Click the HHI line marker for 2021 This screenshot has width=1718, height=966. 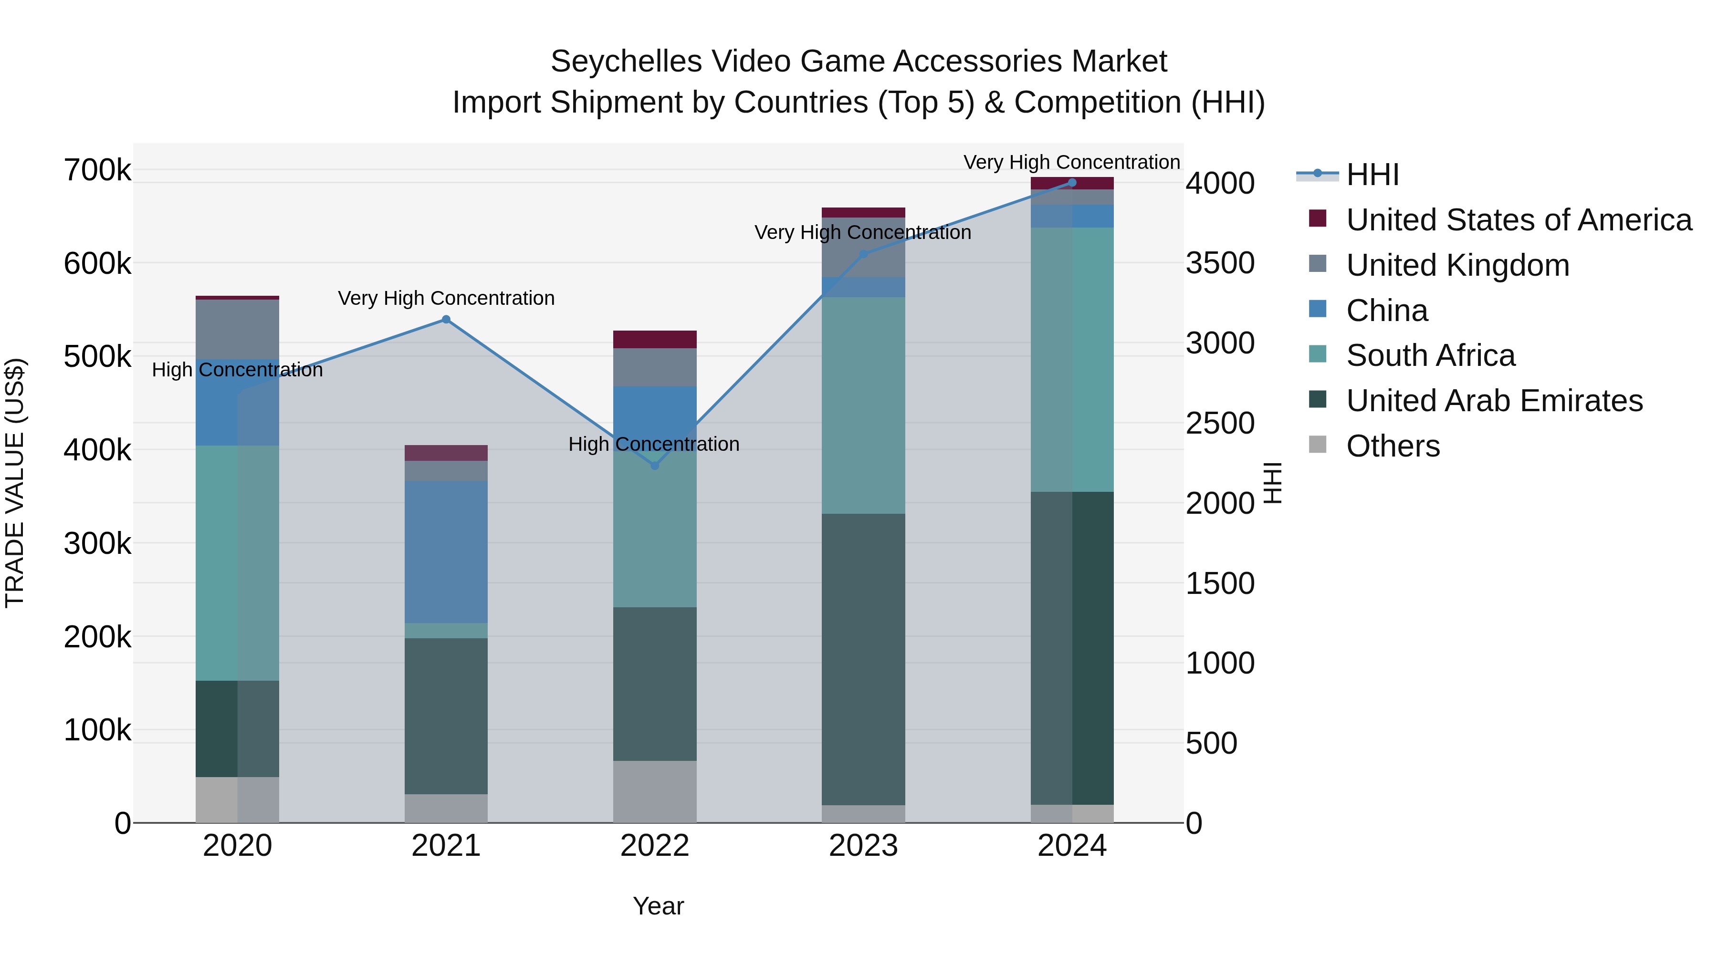[446, 319]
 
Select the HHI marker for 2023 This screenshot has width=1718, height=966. [863, 254]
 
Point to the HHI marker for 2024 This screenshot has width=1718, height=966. [1072, 183]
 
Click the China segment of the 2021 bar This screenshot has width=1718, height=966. [446, 552]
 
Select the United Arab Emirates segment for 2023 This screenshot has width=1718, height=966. [863, 659]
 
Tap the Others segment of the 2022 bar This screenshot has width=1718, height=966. [654, 791]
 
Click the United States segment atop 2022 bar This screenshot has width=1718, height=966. [654, 339]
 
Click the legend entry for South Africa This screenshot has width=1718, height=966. [1430, 355]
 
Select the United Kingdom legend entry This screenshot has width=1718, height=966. [1457, 265]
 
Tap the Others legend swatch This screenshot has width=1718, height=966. [1318, 445]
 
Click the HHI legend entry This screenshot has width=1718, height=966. [1372, 175]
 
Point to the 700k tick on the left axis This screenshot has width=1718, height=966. [97, 170]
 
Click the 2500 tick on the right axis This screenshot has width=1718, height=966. [1220, 423]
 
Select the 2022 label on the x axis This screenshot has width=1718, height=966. [654, 846]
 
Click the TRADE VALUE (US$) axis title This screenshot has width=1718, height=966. [15, 483]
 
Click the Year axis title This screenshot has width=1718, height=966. [658, 906]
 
